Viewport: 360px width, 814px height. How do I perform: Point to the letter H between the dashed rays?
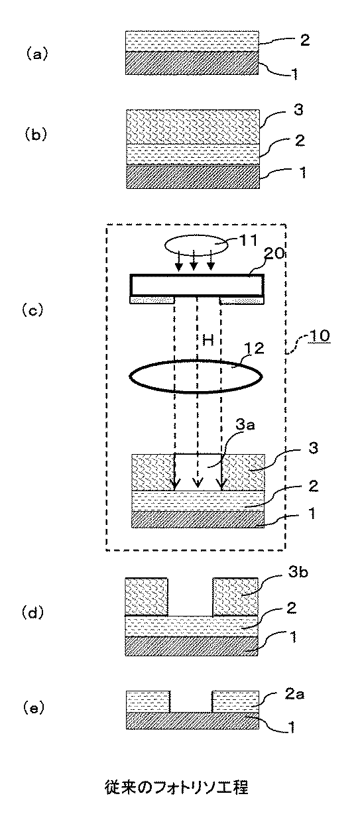(x=207, y=340)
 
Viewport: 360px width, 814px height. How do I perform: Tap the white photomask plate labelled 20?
(x=196, y=285)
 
